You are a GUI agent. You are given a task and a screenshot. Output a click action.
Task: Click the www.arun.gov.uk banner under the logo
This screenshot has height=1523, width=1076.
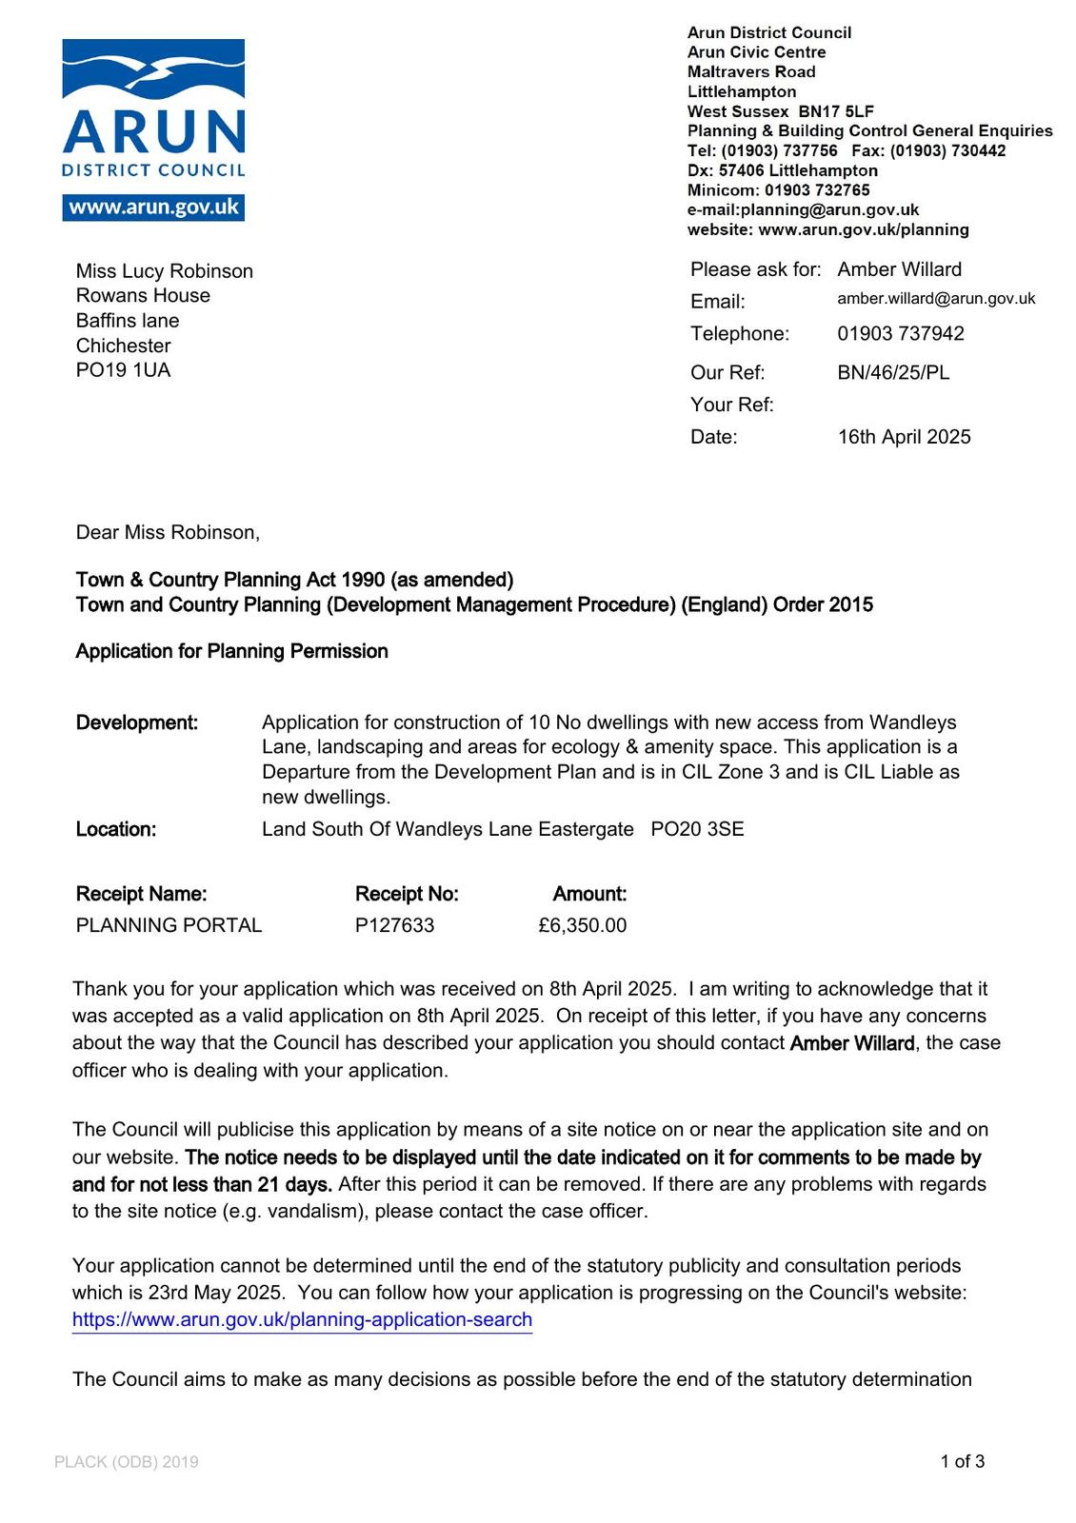pyautogui.click(x=153, y=208)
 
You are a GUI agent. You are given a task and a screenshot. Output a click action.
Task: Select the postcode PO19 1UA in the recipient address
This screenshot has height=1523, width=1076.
pyautogui.click(x=123, y=370)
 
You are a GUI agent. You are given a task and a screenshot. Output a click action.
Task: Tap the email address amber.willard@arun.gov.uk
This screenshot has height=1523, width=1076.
pyautogui.click(x=936, y=299)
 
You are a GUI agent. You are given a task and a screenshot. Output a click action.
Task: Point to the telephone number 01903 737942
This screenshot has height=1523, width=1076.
pyautogui.click(x=900, y=334)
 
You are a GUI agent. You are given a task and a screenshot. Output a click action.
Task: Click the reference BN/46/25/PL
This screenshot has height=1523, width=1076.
pyautogui.click(x=893, y=373)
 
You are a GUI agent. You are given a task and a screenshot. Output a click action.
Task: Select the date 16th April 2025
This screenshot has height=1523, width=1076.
pyautogui.click(x=904, y=437)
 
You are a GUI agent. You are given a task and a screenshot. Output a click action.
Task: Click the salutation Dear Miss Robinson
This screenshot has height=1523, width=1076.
pyautogui.click(x=168, y=532)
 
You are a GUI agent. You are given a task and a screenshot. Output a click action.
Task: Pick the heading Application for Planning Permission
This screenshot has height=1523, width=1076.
pyautogui.click(x=231, y=651)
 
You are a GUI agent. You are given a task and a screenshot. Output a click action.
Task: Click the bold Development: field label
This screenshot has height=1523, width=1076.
pyautogui.click(x=137, y=722)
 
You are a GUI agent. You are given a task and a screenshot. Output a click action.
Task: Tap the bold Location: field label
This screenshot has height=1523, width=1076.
pyautogui.click(x=116, y=829)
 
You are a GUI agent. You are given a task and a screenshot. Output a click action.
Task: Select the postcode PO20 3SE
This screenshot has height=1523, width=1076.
pyautogui.click(x=697, y=829)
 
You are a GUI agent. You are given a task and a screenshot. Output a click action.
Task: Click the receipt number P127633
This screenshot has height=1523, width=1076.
pyautogui.click(x=394, y=925)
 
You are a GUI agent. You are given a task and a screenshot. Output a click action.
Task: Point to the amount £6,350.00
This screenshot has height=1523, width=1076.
pyautogui.click(x=582, y=925)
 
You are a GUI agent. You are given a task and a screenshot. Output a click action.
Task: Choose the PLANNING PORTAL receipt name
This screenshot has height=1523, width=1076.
pyautogui.click(x=169, y=925)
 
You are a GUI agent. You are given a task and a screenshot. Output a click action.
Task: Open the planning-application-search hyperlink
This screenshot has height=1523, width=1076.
pyautogui.click(x=302, y=1319)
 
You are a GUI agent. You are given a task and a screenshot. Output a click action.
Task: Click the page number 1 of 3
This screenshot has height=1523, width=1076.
pyautogui.click(x=962, y=1461)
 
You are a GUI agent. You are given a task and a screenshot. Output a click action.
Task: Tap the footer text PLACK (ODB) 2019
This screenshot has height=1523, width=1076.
pyautogui.click(x=127, y=1462)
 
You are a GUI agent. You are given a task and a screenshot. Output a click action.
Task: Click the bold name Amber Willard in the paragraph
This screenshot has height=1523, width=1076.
pyautogui.click(x=852, y=1043)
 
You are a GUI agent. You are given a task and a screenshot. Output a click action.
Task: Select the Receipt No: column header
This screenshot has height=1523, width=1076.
pyautogui.click(x=407, y=894)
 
